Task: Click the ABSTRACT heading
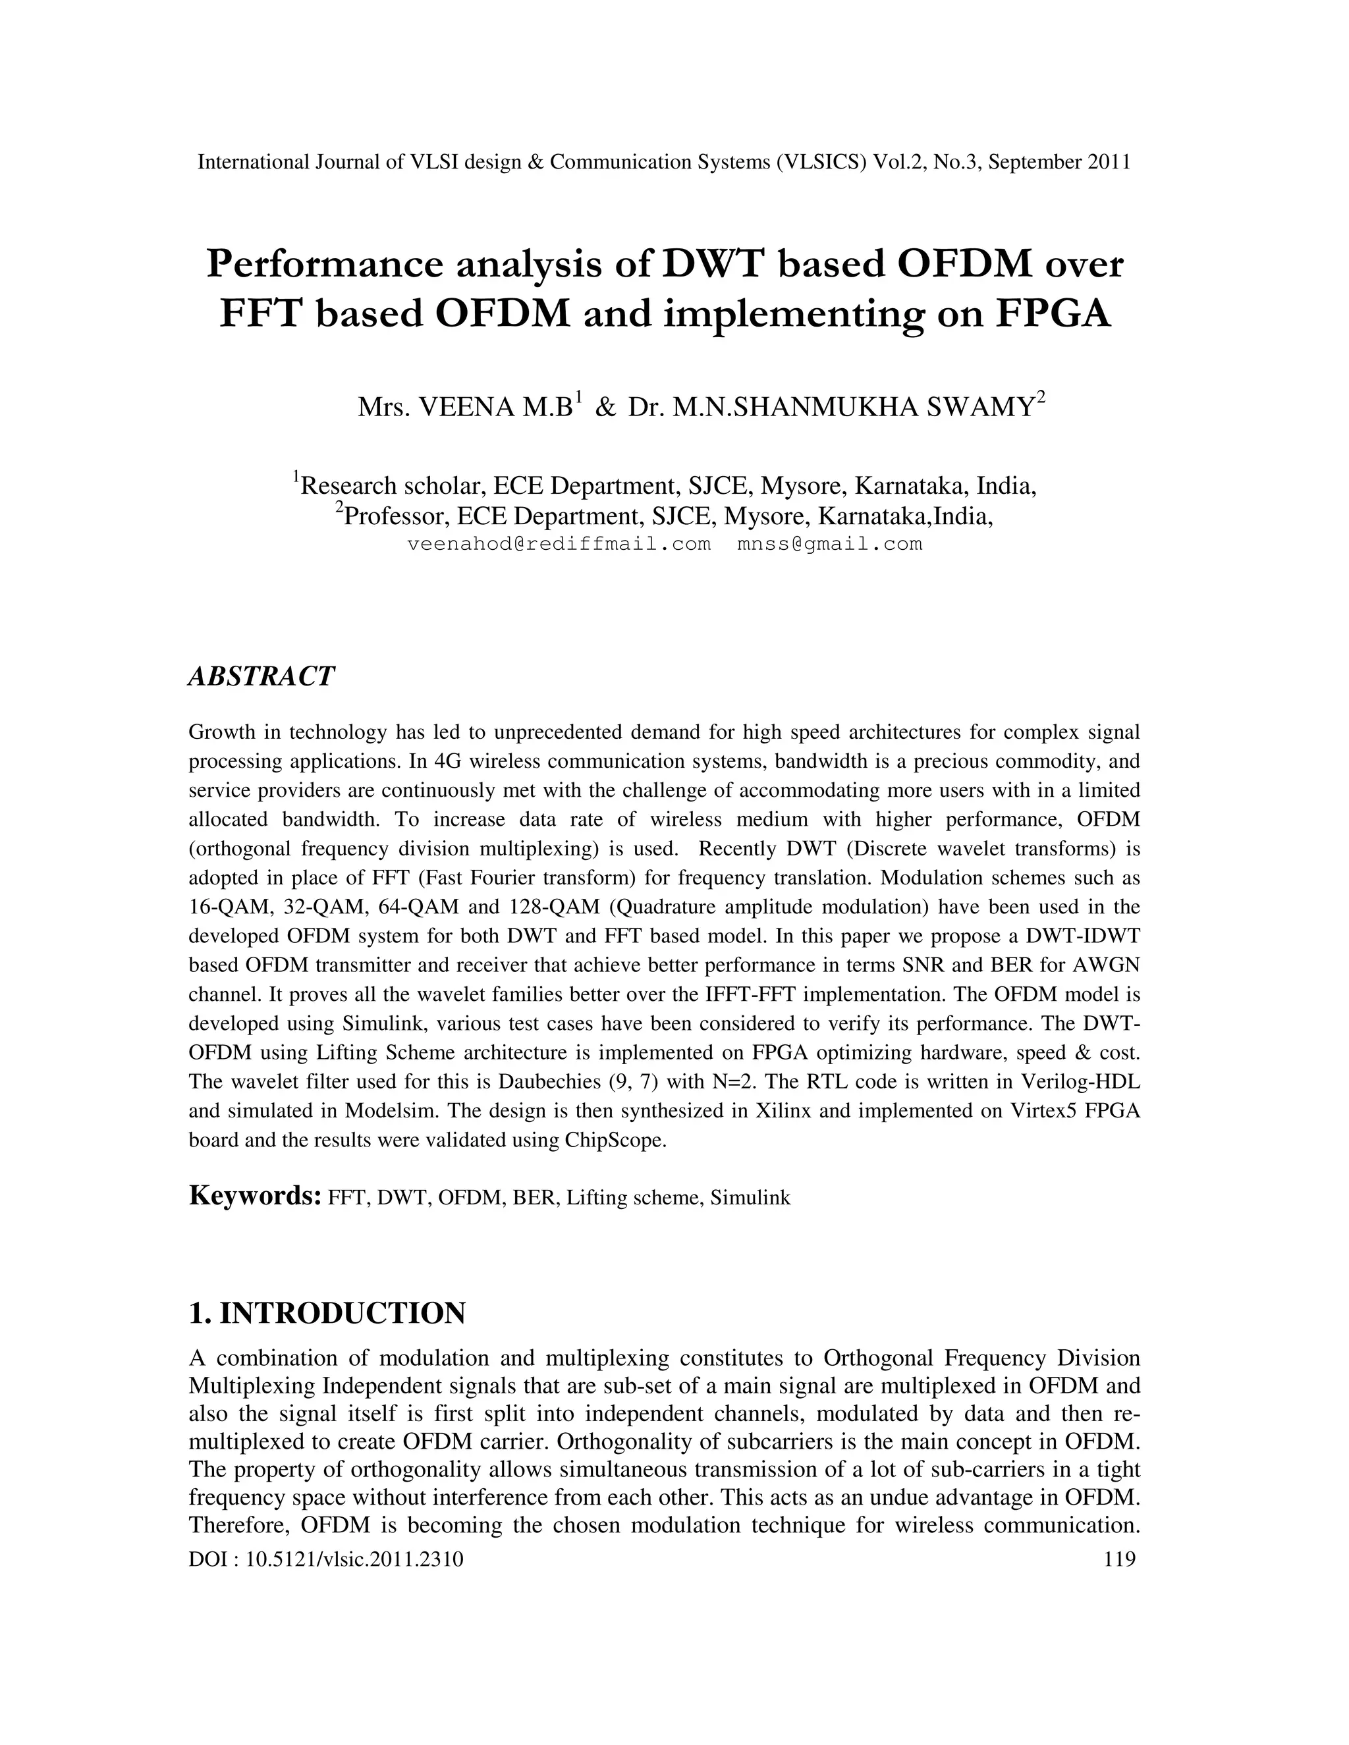[x=262, y=676]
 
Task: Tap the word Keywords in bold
[x=255, y=1195]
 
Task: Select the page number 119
[x=1119, y=1559]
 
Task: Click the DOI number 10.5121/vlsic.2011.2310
[x=354, y=1559]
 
